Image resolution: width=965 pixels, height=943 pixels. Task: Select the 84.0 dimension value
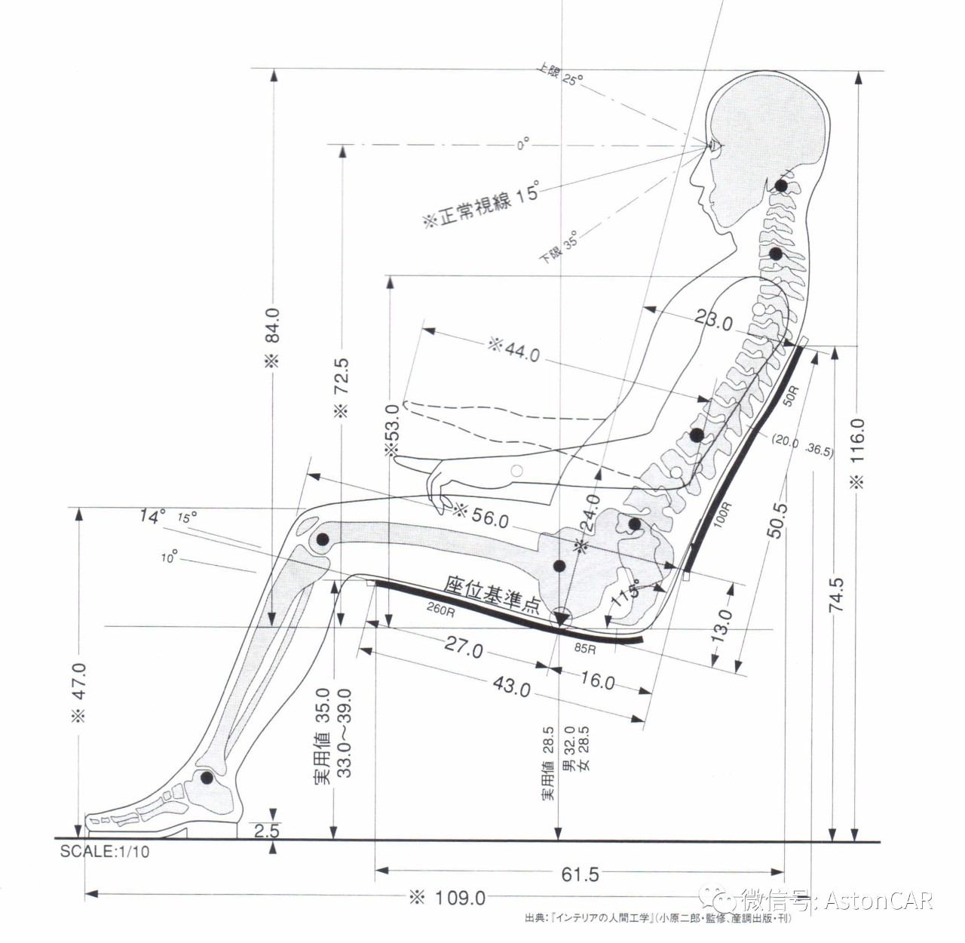pos(272,336)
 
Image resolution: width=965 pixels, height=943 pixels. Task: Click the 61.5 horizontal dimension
pos(581,874)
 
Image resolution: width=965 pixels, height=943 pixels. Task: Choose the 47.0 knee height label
pos(79,692)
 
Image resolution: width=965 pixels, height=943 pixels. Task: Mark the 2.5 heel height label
pos(266,831)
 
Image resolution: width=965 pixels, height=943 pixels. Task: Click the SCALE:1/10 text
pos(105,852)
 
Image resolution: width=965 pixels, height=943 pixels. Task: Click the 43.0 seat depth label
pos(511,687)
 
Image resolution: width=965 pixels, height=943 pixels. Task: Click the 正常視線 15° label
pos(482,204)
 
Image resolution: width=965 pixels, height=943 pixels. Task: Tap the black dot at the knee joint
pos(322,539)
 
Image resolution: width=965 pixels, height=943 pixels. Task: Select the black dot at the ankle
pos(206,777)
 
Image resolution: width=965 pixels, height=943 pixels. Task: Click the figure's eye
pos(712,145)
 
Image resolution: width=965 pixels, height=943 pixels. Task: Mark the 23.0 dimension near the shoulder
pos(713,321)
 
